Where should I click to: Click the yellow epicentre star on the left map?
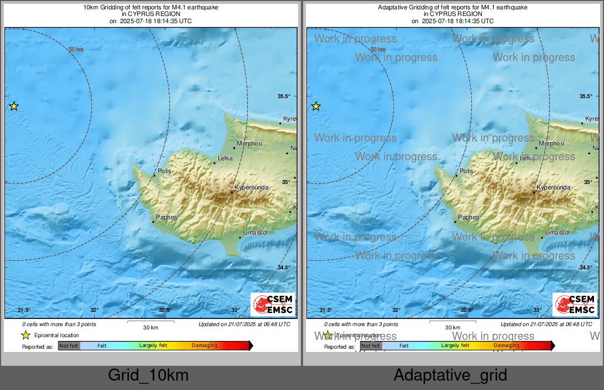pos(14,106)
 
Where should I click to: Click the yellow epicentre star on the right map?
pos(316,106)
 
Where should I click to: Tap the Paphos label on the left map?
pos(167,217)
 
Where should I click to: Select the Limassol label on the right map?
pos(557,232)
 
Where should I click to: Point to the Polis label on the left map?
pos(164,171)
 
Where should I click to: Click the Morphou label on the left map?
pos(249,143)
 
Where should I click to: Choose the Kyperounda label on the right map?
pos(553,188)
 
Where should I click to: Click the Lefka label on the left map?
pos(225,158)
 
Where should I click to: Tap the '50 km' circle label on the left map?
pos(76,50)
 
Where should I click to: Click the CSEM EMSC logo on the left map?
pos(273,305)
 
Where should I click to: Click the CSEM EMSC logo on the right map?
pos(575,305)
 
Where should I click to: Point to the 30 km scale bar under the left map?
pos(150,322)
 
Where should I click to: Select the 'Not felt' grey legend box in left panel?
pos(69,346)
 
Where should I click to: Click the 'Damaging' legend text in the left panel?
pos(204,346)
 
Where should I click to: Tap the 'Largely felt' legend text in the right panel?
pos(455,346)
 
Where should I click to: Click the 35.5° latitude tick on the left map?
pos(284,96)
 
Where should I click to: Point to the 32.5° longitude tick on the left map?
pos(164,310)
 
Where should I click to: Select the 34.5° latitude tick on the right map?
pos(586,268)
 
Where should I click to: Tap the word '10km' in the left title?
pos(90,8)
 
